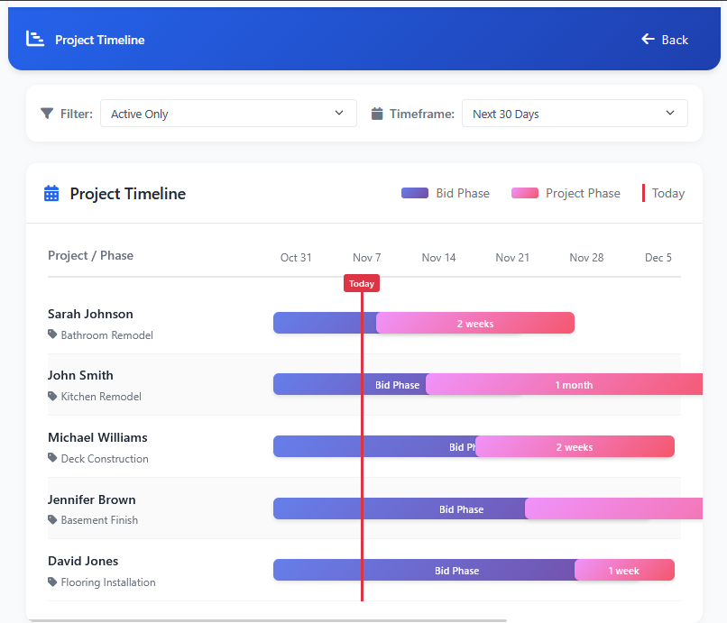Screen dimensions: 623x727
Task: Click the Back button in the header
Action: [665, 40]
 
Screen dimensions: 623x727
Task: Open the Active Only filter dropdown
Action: [228, 114]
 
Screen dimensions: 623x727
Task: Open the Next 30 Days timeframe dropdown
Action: [575, 114]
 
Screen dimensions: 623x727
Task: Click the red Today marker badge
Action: [362, 283]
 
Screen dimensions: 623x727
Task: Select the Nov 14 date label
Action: [438, 258]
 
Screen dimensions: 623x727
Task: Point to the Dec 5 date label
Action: [658, 258]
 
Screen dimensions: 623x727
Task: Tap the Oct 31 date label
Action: [296, 258]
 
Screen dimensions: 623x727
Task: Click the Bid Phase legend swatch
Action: [415, 193]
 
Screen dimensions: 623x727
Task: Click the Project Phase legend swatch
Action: [525, 193]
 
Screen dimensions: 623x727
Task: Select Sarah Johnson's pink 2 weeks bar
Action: [475, 324]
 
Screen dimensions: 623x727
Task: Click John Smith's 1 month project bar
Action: [574, 385]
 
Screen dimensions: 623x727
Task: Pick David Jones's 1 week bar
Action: [624, 571]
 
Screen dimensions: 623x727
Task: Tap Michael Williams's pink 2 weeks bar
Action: [575, 447]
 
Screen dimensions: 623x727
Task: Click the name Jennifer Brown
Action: [92, 499]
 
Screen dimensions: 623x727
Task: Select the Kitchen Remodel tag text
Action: [101, 397]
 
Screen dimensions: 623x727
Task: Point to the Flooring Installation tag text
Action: [108, 582]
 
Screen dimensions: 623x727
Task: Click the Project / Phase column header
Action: [90, 256]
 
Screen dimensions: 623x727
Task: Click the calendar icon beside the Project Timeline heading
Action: [51, 194]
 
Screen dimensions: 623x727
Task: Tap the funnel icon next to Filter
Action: [47, 114]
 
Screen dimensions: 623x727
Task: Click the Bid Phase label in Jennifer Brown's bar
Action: [462, 509]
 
